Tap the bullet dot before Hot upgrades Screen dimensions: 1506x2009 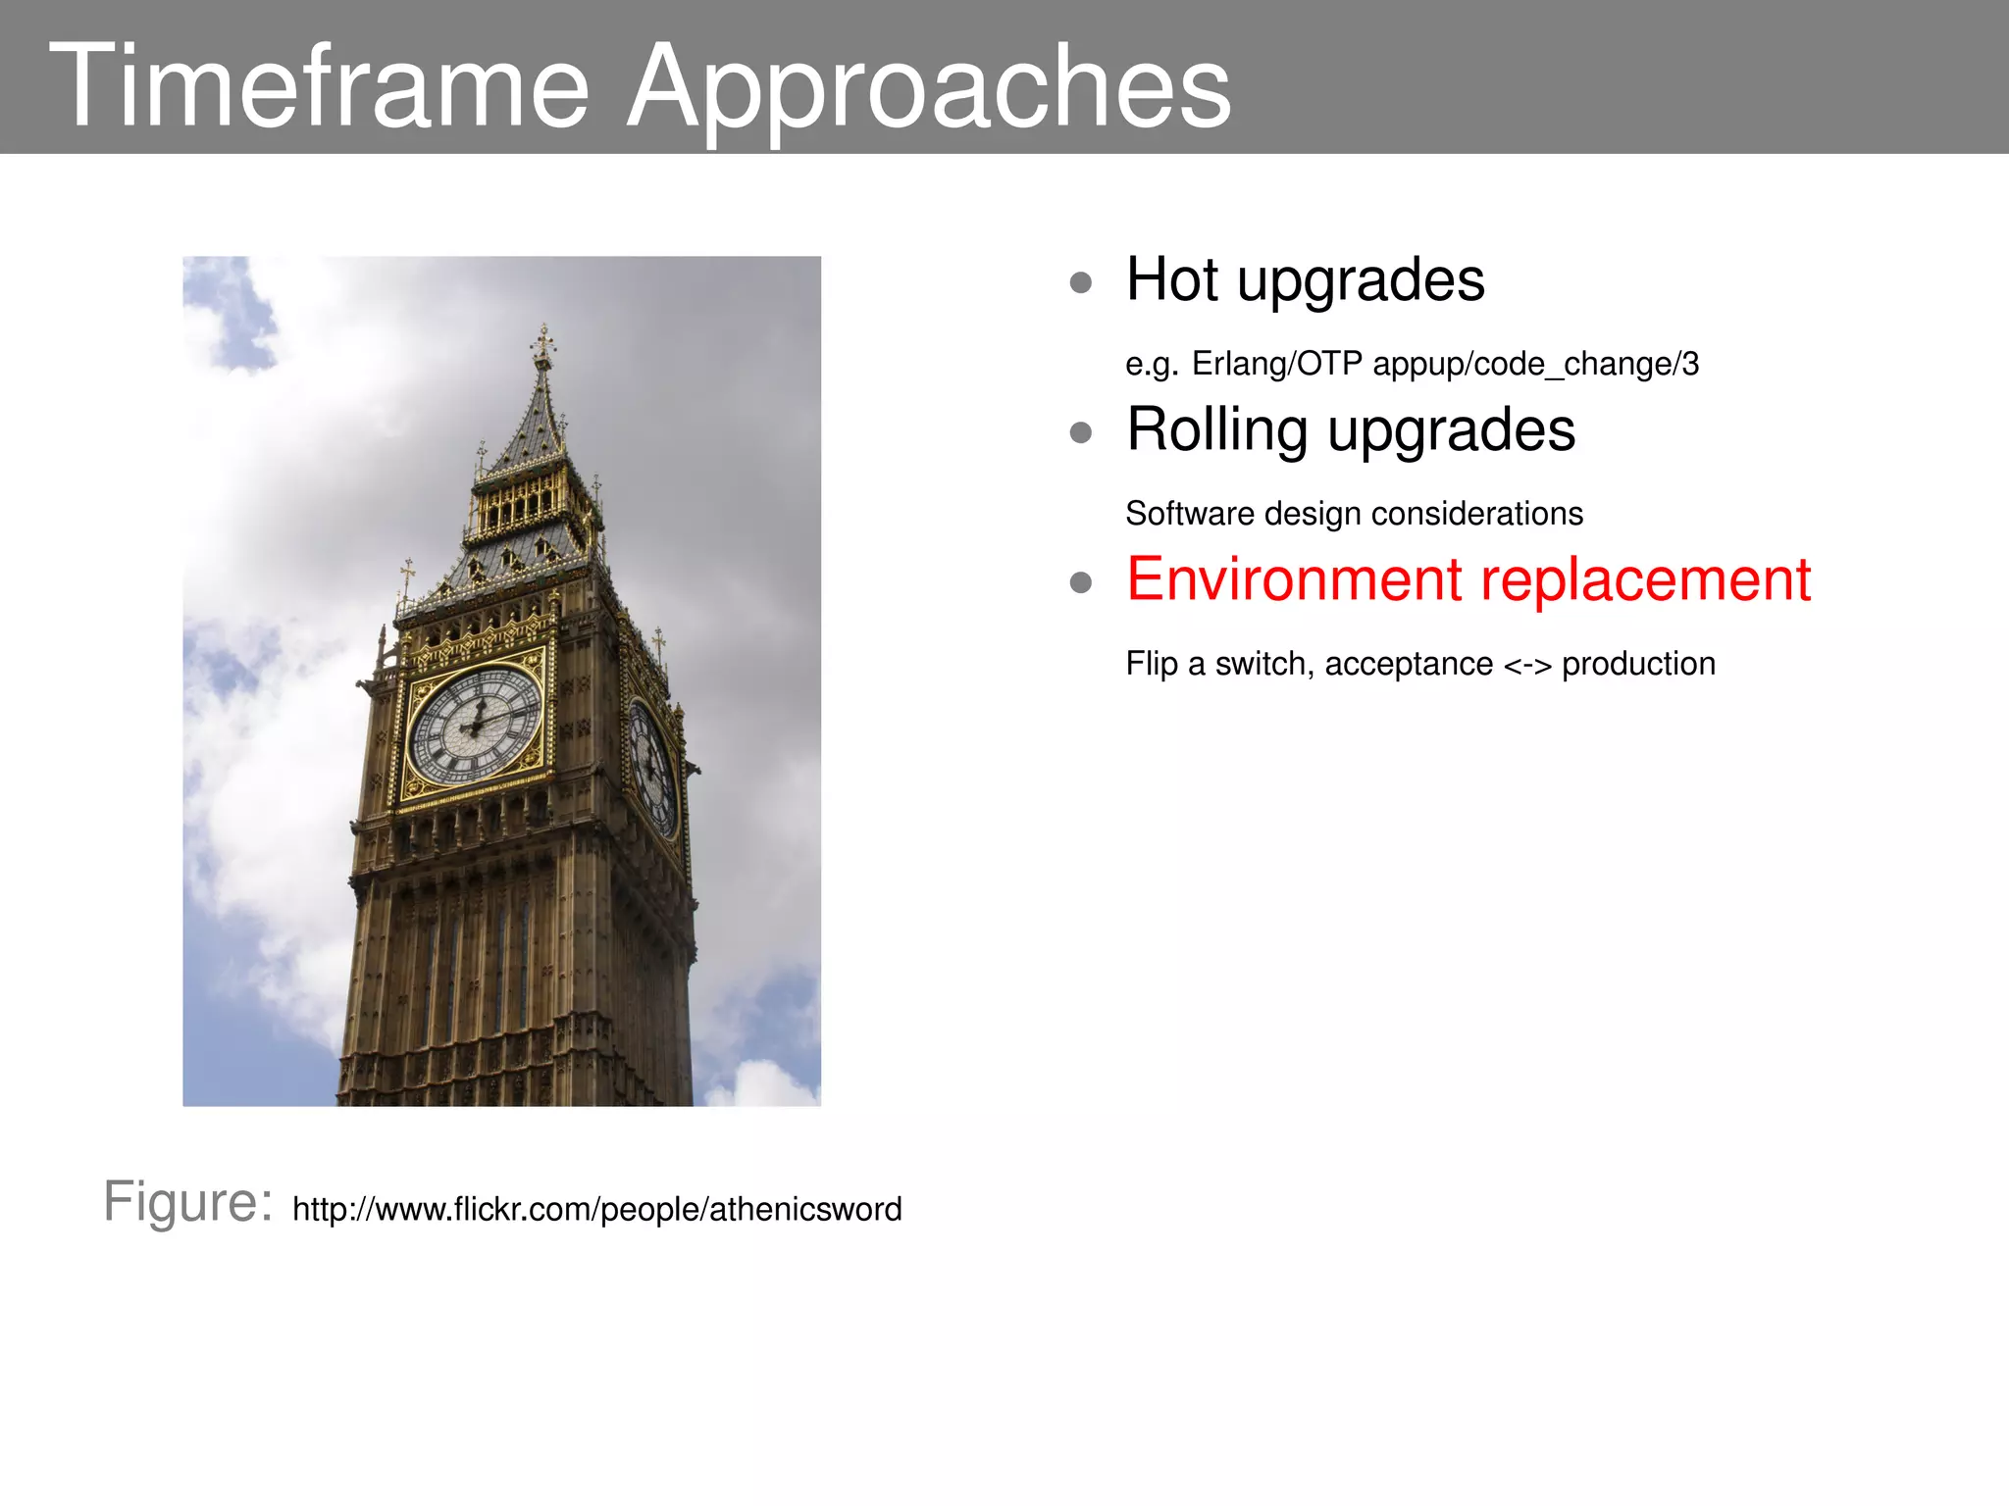pos(1081,283)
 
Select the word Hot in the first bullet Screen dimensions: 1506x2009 pos(1173,279)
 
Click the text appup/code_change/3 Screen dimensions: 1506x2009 pos(1536,364)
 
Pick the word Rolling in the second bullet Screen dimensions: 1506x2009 pos(1217,430)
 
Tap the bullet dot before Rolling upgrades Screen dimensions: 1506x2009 pos(1081,432)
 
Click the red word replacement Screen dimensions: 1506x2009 pos(1646,581)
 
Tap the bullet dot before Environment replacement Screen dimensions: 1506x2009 pos(1081,583)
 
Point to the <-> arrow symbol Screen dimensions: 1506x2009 pos(1527,666)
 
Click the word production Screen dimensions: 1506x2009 pos(1638,665)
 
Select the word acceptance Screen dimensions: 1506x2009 pos(1409,665)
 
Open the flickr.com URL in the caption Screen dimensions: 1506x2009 pos(596,1209)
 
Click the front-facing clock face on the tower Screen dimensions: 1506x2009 pos(475,726)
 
